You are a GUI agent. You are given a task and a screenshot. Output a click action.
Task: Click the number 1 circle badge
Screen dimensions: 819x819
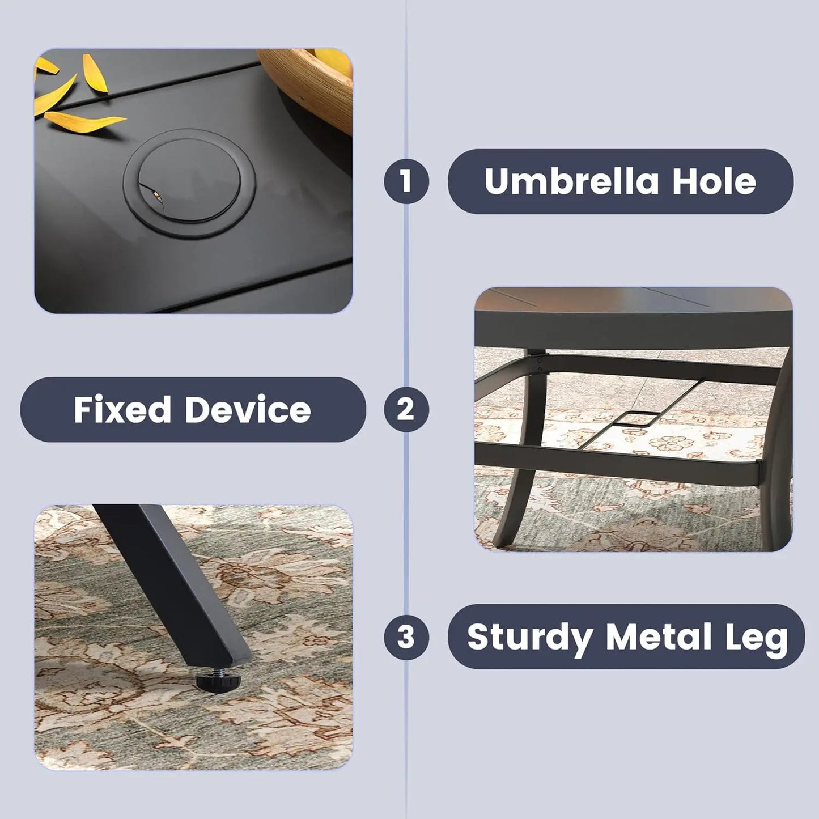(x=406, y=181)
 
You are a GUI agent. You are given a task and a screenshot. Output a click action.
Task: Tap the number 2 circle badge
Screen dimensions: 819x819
(x=406, y=409)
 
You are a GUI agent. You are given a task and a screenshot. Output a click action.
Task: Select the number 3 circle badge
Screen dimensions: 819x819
(x=406, y=637)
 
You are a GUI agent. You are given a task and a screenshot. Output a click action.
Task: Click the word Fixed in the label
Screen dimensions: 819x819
(x=122, y=409)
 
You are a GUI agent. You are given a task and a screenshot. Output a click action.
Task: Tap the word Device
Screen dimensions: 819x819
(x=248, y=409)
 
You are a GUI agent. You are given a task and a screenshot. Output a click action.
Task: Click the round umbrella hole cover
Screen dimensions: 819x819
(x=189, y=183)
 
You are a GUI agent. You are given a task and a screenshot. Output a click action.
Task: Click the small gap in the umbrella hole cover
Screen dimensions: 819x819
(x=154, y=194)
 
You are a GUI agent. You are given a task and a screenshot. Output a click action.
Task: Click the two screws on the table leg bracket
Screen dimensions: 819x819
(x=541, y=364)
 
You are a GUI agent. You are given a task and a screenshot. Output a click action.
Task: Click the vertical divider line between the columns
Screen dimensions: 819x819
(x=406, y=409)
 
